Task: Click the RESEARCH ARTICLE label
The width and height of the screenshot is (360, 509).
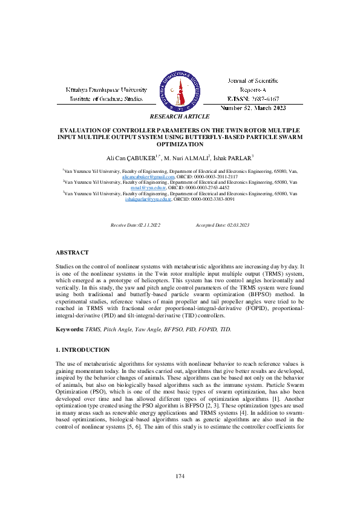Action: coord(180,116)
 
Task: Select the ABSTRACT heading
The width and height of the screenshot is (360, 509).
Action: coord(72,252)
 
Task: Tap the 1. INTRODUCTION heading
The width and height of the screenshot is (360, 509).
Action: coord(82,350)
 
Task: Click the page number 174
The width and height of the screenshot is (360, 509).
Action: coord(180,477)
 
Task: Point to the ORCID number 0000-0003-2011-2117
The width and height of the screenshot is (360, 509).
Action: coord(214,177)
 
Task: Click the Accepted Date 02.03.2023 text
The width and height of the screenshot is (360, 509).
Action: coord(222,225)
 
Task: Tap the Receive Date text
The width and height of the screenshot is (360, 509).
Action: coord(135,225)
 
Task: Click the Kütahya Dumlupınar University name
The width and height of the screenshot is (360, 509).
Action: coord(106,89)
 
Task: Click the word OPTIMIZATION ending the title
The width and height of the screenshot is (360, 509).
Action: coord(180,144)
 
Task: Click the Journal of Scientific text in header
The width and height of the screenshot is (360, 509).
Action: coord(253,80)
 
